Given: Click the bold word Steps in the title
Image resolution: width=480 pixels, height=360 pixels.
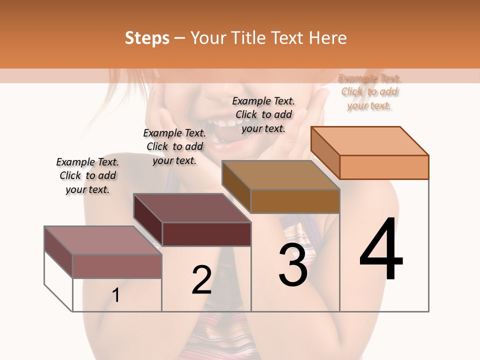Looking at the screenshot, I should tap(146, 38).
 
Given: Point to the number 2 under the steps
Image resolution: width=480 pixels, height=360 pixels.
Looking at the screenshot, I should tap(201, 279).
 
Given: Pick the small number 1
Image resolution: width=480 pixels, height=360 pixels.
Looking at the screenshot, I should tap(116, 295).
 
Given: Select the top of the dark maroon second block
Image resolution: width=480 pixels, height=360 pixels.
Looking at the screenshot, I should tap(192, 208).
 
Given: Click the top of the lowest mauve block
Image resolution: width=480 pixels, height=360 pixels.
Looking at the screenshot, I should tap(103, 240).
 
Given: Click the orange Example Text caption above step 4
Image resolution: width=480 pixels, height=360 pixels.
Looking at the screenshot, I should tap(369, 92).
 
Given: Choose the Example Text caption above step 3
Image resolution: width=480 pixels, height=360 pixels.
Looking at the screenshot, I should tap(263, 114).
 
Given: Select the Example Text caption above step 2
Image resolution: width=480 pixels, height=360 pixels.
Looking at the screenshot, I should tap(174, 146).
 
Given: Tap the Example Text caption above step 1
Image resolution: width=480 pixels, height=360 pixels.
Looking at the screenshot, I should tap(87, 175).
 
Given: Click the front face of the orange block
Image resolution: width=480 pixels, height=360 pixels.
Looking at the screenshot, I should tap(384, 167).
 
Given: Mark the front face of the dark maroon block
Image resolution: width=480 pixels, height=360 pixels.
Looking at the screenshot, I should tap(206, 234).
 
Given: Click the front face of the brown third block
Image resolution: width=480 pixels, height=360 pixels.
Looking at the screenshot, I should tap(295, 201).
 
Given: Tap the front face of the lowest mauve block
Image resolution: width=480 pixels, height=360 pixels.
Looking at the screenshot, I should tap(117, 266).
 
